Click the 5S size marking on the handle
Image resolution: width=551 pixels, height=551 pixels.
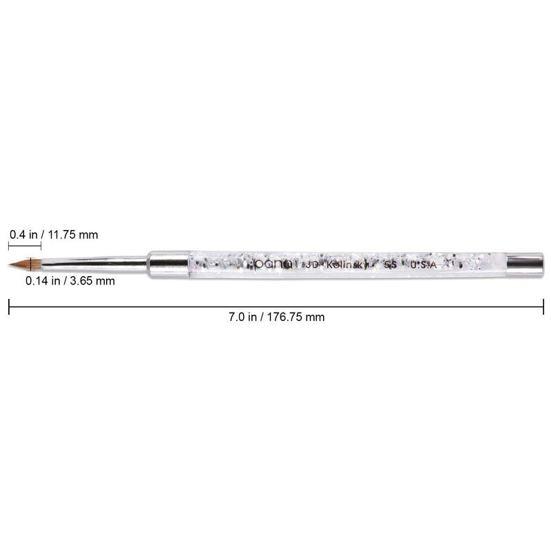[390, 263]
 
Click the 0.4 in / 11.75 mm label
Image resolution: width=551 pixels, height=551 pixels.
[54, 235]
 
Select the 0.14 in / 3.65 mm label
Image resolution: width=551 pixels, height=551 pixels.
[70, 281]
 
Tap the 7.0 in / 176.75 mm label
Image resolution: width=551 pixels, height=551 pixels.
[276, 318]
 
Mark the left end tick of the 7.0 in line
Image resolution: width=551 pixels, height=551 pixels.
[9, 306]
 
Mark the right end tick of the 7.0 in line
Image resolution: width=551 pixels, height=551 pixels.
[543, 306]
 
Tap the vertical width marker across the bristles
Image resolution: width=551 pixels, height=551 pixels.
[30, 264]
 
